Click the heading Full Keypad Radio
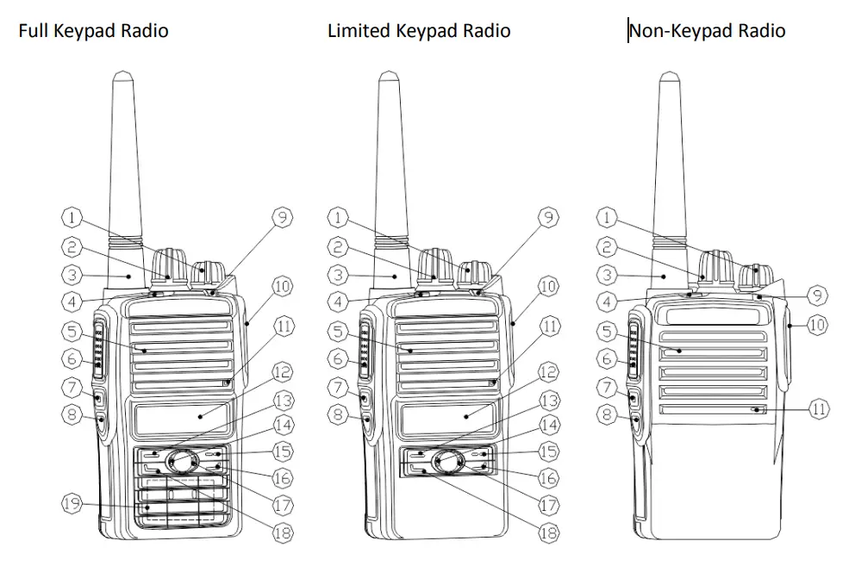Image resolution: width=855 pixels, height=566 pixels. click(93, 32)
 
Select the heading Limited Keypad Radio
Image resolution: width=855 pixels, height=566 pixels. click(419, 32)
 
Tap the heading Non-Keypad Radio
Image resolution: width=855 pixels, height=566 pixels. click(707, 32)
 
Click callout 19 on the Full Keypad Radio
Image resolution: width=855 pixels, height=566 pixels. click(73, 503)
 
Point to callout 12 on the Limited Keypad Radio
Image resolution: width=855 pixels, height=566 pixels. click(548, 372)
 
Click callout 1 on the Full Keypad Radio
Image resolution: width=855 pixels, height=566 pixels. click(73, 218)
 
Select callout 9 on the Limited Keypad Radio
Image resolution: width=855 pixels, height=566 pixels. click(548, 218)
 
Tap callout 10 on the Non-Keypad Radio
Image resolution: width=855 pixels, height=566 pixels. click(818, 325)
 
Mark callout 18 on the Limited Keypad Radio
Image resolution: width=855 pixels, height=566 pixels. click(548, 533)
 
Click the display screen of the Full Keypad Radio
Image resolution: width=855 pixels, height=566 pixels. click(182, 417)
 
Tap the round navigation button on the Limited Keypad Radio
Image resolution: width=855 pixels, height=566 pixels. click(447, 461)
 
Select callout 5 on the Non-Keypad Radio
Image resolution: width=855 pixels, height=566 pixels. click(608, 331)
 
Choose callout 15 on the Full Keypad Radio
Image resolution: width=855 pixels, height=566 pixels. click(282, 450)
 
